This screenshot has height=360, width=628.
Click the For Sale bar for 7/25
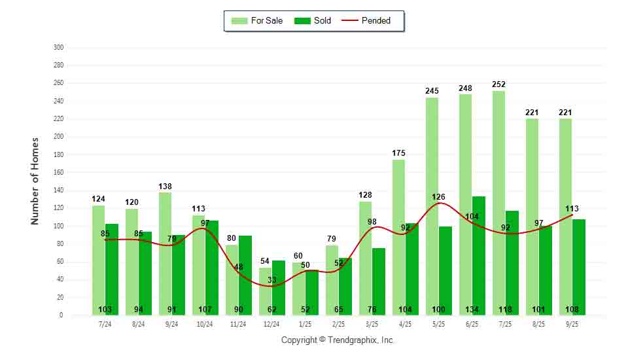(498, 203)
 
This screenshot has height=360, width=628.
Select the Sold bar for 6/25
(479, 255)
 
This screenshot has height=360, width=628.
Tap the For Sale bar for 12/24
(265, 291)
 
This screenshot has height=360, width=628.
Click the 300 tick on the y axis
(59, 48)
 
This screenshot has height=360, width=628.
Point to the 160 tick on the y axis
(59, 173)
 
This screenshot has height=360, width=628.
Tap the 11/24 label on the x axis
(238, 324)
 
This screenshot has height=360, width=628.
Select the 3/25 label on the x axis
(372, 324)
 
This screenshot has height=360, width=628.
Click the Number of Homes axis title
(35, 181)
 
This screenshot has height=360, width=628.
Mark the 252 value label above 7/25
(499, 84)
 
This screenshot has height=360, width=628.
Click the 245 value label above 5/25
(432, 91)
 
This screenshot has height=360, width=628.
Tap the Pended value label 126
(438, 196)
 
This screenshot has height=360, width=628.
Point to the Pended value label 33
(271, 280)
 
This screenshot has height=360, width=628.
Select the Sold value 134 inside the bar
(479, 310)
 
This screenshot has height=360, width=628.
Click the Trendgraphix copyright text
(338, 340)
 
